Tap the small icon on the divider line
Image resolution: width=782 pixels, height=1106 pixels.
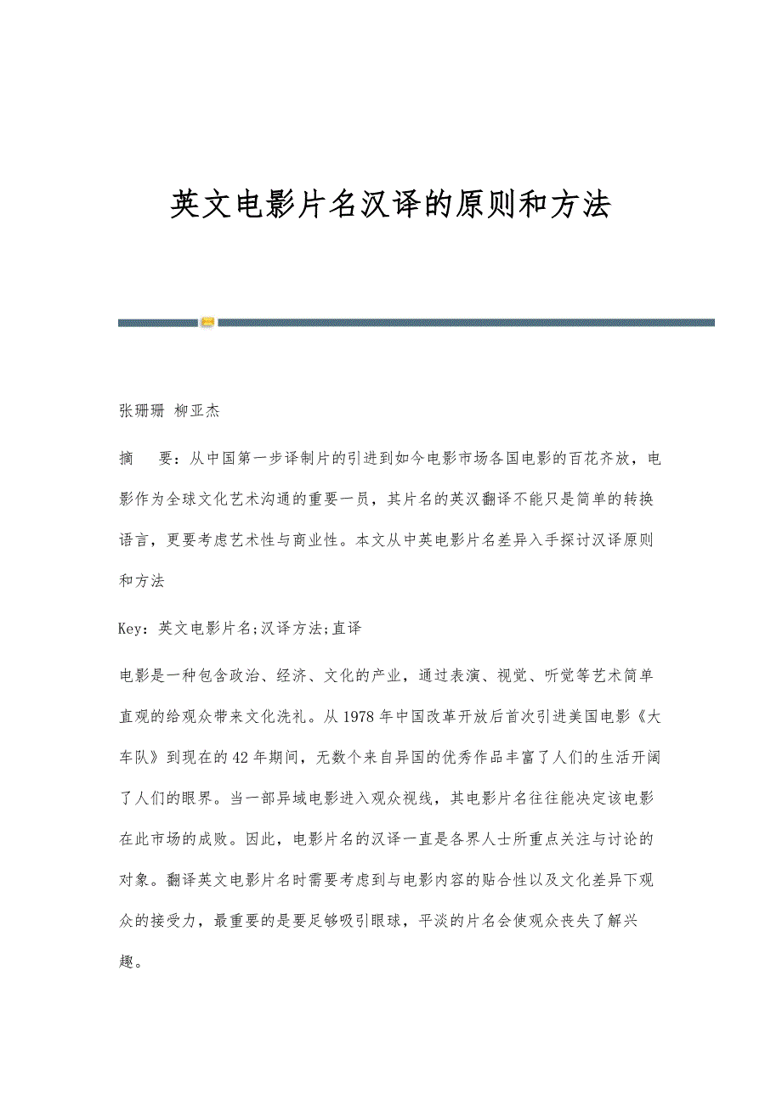coord(207,322)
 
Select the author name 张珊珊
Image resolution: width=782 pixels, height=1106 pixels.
coord(141,411)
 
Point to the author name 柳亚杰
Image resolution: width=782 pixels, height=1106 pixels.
coord(197,411)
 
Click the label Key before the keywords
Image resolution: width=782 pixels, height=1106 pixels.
coord(133,629)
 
